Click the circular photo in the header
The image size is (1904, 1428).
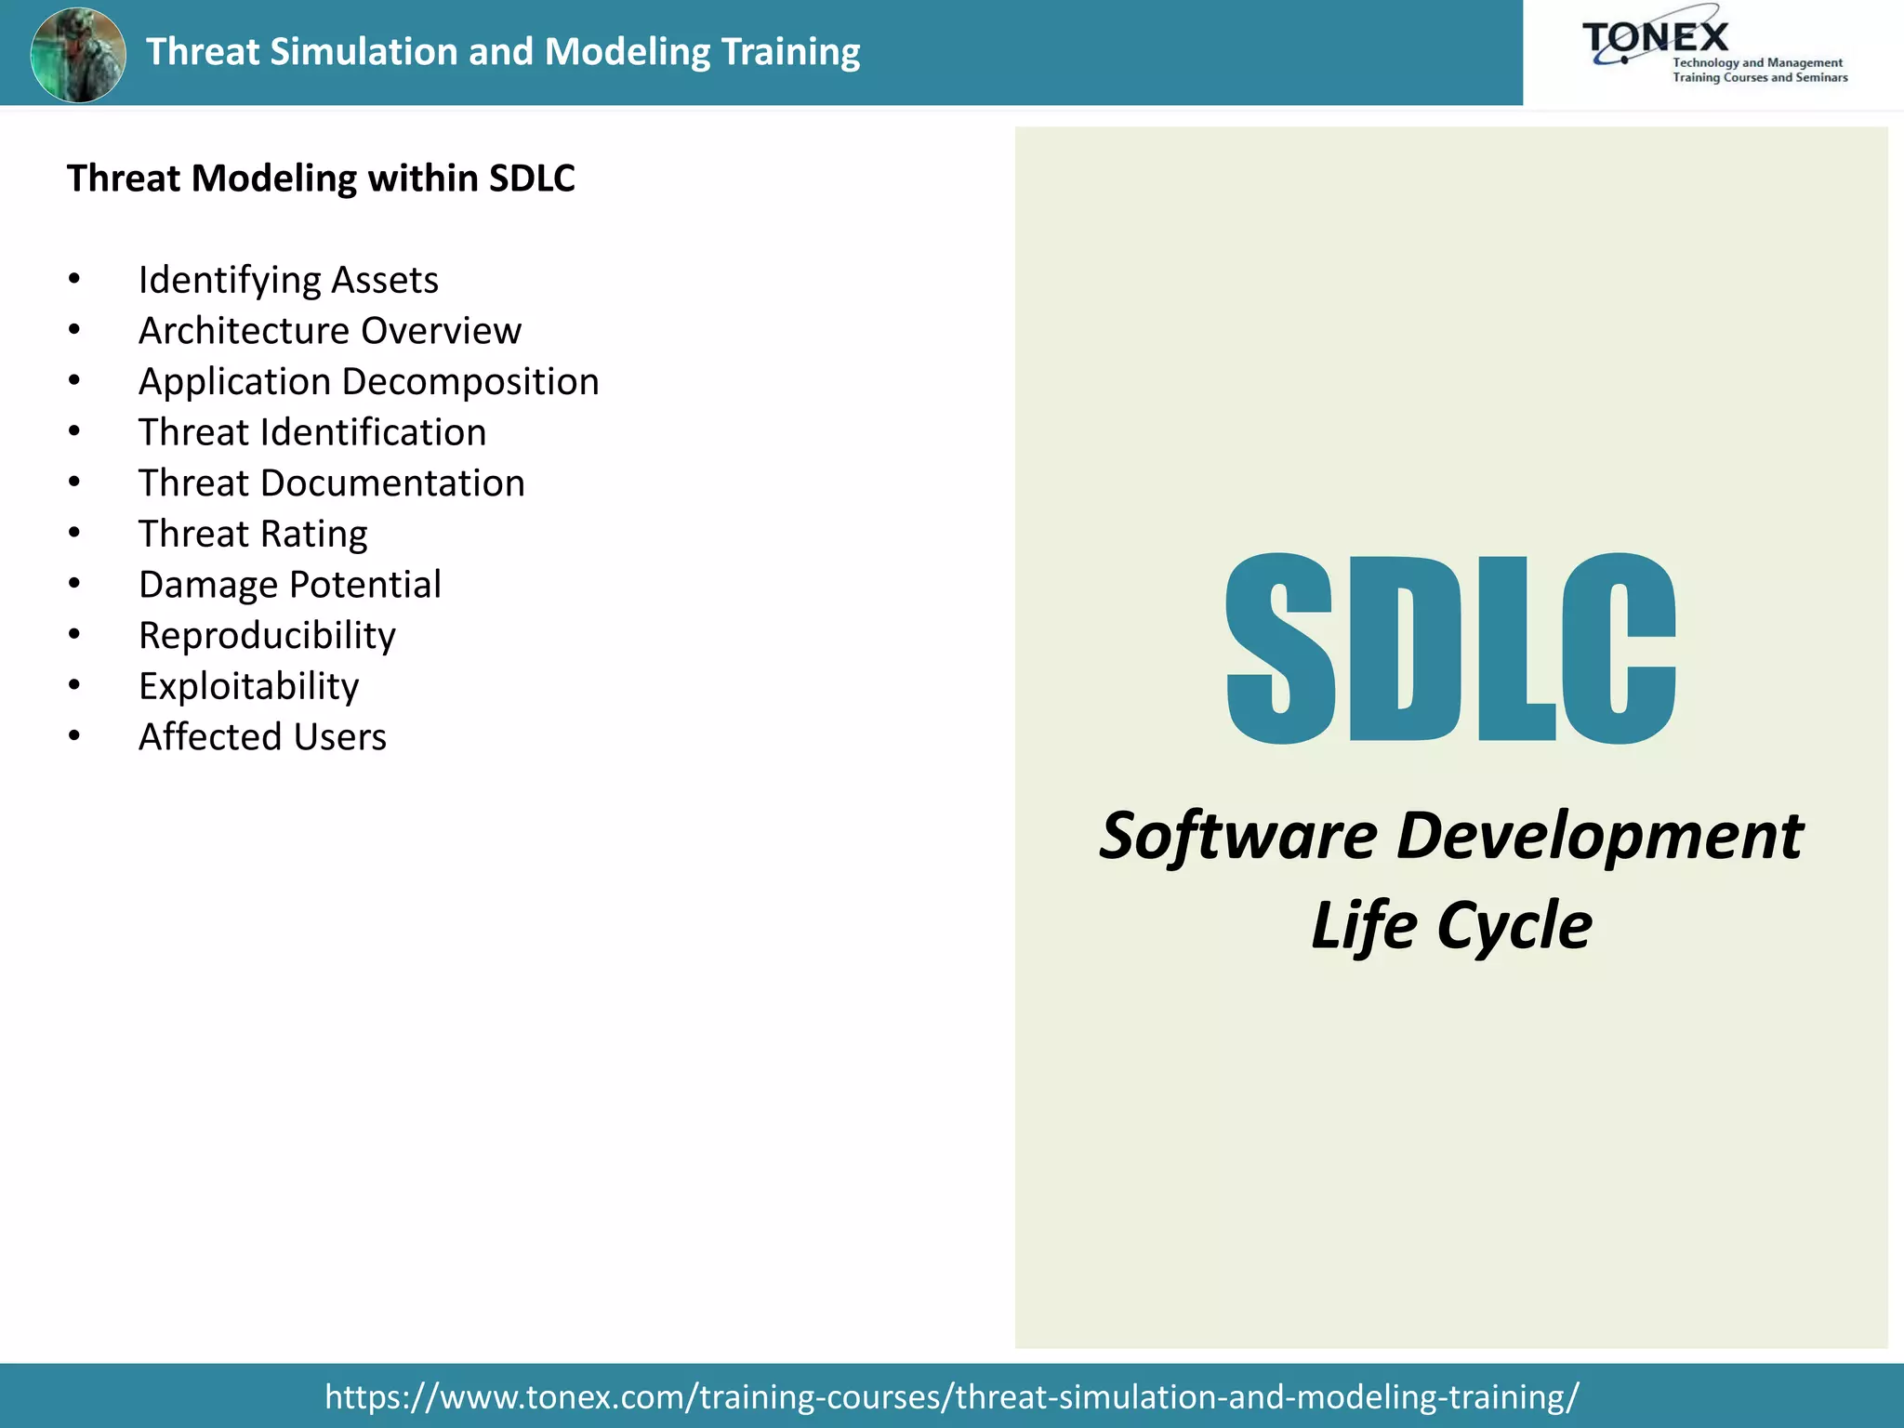click(78, 54)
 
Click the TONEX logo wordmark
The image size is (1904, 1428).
click(1655, 38)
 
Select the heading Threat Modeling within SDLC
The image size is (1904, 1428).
click(321, 178)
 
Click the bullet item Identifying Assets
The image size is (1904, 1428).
click(288, 280)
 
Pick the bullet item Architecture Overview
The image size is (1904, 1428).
click(329, 331)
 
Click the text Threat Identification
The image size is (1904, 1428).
click(312, 432)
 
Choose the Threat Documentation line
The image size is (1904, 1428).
click(331, 483)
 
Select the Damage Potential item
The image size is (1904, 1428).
click(289, 585)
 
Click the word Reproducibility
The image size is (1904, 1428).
click(267, 636)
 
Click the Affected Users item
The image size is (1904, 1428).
click(262, 737)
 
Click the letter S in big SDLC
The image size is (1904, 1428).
click(1280, 649)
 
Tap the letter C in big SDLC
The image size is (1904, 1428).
click(1618, 649)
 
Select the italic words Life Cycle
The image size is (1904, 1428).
click(1451, 926)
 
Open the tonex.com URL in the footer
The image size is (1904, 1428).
click(951, 1396)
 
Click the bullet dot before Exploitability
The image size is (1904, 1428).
click(74, 686)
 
